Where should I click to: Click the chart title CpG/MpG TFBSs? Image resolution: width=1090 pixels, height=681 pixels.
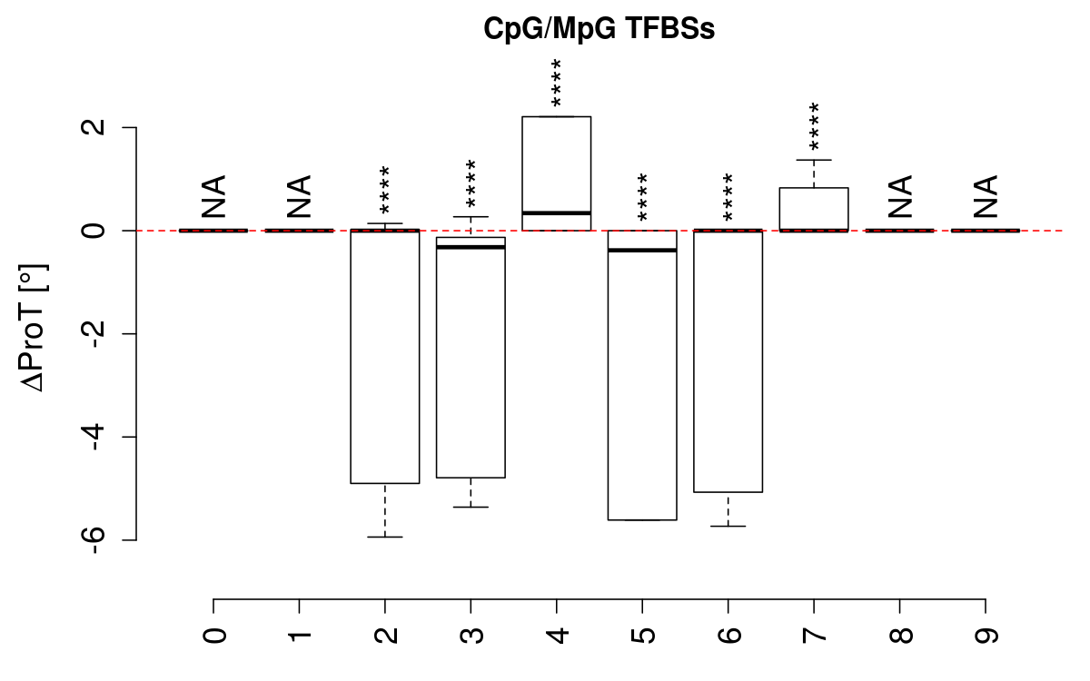[599, 29]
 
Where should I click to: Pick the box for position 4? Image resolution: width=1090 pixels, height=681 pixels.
[556, 173]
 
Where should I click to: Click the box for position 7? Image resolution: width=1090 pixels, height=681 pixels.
[814, 209]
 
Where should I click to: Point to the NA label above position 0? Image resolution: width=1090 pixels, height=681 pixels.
[213, 196]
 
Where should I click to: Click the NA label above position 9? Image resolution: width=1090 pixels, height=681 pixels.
[986, 196]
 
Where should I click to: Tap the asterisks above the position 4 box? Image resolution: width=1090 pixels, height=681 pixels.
[556, 84]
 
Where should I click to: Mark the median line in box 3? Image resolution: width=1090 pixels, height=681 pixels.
[471, 247]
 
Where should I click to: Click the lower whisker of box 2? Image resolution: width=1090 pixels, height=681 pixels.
[385, 511]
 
